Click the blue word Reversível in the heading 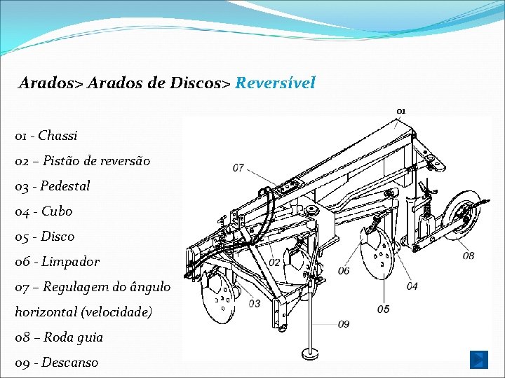pyautogui.click(x=275, y=83)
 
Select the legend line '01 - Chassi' pyautogui.click(x=46, y=136)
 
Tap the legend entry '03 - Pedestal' pyautogui.click(x=53, y=186)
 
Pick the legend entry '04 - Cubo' pyautogui.click(x=43, y=211)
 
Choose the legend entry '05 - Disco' pyautogui.click(x=45, y=237)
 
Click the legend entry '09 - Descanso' pyautogui.click(x=57, y=363)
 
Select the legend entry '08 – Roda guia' pyautogui.click(x=59, y=337)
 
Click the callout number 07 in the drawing pyautogui.click(x=238, y=168)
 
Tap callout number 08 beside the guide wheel pyautogui.click(x=468, y=256)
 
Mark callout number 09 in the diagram pyautogui.click(x=343, y=324)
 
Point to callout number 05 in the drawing pyautogui.click(x=383, y=309)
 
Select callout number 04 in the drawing pyautogui.click(x=412, y=286)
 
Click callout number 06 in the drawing pyautogui.click(x=344, y=271)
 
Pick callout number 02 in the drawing pyautogui.click(x=275, y=262)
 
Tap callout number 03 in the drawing pyautogui.click(x=254, y=303)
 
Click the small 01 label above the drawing pyautogui.click(x=400, y=111)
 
